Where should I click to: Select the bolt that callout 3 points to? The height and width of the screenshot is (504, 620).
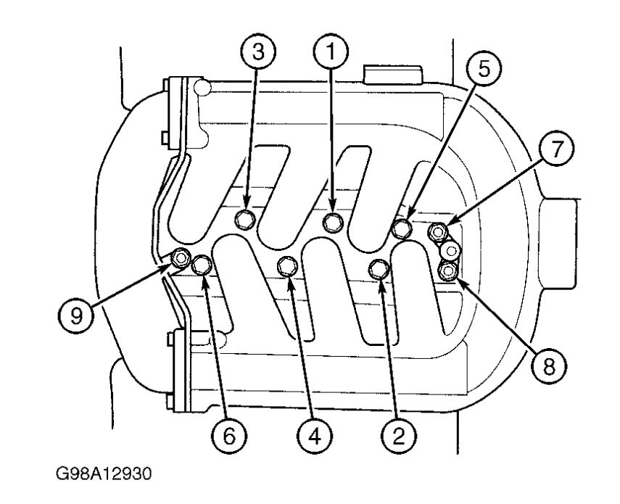pyautogui.click(x=247, y=218)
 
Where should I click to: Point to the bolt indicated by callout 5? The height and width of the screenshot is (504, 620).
pyautogui.click(x=402, y=228)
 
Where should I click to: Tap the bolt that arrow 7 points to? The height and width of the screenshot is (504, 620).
pyautogui.click(x=438, y=232)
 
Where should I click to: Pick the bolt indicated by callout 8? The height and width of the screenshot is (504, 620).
pyautogui.click(x=448, y=270)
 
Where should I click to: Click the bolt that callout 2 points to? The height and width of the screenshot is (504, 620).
pyautogui.click(x=379, y=269)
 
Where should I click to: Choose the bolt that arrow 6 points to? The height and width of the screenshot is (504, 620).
pyautogui.click(x=202, y=265)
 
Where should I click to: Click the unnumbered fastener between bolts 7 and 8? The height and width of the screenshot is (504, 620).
pyautogui.click(x=451, y=251)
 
